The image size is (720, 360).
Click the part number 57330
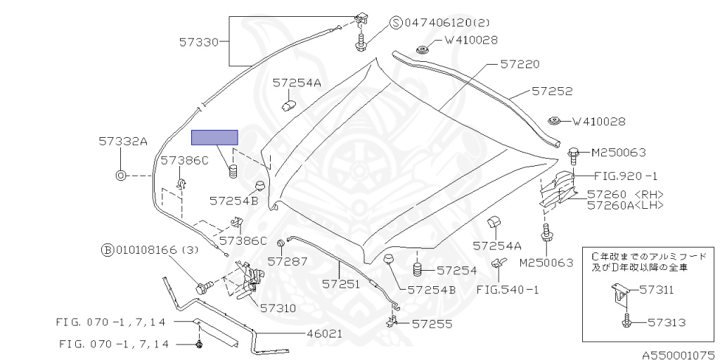pyautogui.click(x=199, y=42)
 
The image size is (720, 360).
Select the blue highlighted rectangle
pyautogui.click(x=214, y=137)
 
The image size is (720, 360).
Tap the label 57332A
pyautogui.click(x=123, y=141)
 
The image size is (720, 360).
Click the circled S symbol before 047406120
pyautogui.click(x=397, y=22)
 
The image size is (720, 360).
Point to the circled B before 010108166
pyautogui.click(x=107, y=250)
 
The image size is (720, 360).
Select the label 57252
pyautogui.click(x=553, y=91)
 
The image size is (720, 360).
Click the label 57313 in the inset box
pyautogui.click(x=667, y=322)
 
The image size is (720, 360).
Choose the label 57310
pyautogui.click(x=278, y=308)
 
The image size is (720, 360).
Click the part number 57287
pyautogui.click(x=288, y=262)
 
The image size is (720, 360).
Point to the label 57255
pyautogui.click(x=432, y=324)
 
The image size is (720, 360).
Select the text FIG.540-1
pyautogui.click(x=507, y=290)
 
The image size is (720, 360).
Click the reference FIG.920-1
pyautogui.click(x=626, y=176)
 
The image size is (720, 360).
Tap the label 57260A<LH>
pyautogui.click(x=625, y=205)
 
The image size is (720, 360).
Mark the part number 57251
pyautogui.click(x=341, y=284)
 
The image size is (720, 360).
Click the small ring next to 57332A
pyautogui.click(x=120, y=175)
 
